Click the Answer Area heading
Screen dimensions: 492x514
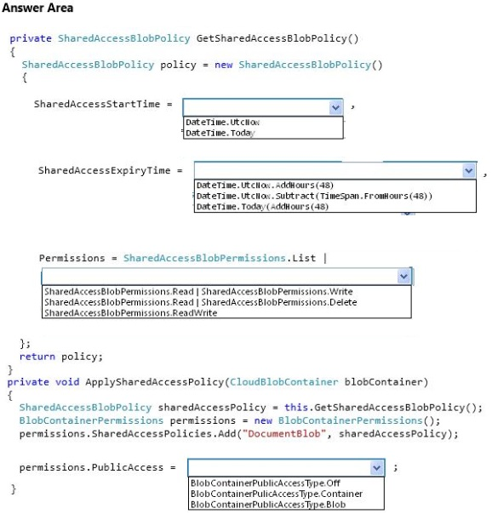click(x=37, y=8)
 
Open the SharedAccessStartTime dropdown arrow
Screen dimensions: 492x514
click(x=335, y=107)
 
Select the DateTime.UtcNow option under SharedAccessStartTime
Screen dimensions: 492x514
click(x=222, y=123)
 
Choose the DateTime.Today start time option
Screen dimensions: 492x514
click(x=220, y=133)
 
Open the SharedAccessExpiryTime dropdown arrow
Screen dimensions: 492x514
click(x=469, y=170)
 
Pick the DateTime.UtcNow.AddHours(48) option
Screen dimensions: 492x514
click(x=265, y=186)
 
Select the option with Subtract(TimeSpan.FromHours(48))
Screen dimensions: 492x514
click(x=314, y=196)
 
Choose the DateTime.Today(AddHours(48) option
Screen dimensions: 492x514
click(x=262, y=207)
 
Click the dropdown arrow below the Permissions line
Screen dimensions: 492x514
click(x=403, y=277)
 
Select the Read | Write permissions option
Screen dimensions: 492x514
click(x=198, y=291)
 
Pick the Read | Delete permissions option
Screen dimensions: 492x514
click(x=201, y=302)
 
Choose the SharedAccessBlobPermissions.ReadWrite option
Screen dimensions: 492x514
click(x=131, y=312)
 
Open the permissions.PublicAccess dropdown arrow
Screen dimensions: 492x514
click(x=377, y=467)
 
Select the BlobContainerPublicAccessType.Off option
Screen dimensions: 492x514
click(x=266, y=483)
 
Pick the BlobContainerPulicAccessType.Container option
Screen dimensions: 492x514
click(x=277, y=494)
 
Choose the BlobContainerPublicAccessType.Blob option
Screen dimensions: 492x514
click(x=268, y=504)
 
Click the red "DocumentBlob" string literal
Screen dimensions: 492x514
click(x=283, y=434)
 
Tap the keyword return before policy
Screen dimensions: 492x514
click(x=37, y=357)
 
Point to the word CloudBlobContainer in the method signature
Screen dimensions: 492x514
click(x=283, y=382)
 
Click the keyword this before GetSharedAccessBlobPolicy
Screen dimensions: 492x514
click(x=296, y=408)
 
